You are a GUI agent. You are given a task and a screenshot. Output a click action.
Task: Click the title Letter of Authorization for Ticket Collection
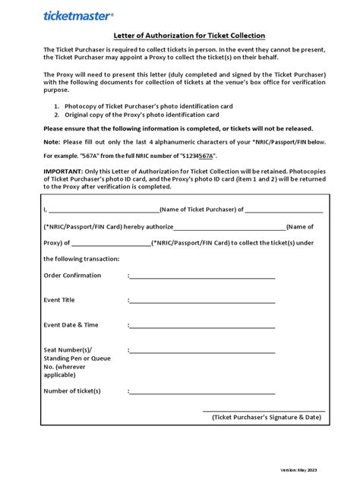coord(179,34)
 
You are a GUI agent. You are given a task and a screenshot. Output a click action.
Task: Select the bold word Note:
coord(51,141)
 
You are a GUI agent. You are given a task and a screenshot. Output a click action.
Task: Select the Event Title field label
coord(60,300)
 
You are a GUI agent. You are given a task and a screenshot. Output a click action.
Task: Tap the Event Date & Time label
coord(71,325)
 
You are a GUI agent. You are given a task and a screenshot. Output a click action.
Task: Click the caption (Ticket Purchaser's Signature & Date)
coord(267,417)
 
